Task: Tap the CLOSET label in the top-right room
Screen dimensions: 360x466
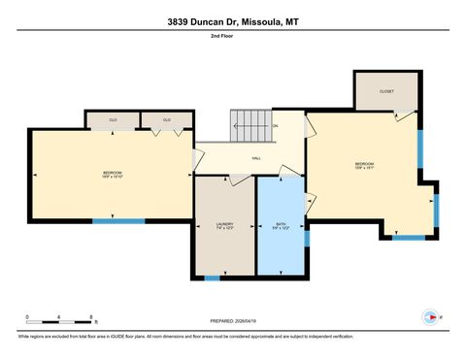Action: click(386, 91)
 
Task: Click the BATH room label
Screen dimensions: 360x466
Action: click(281, 226)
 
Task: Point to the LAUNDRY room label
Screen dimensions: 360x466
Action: click(224, 226)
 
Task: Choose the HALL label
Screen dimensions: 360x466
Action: click(256, 157)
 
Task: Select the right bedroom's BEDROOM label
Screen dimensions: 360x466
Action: click(364, 165)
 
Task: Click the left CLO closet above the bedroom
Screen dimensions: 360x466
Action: click(113, 120)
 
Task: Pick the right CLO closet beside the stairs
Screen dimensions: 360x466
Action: click(167, 120)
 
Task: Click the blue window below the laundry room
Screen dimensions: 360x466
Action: click(212, 278)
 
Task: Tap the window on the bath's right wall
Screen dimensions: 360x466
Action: click(306, 237)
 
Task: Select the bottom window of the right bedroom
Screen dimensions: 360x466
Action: click(408, 237)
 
